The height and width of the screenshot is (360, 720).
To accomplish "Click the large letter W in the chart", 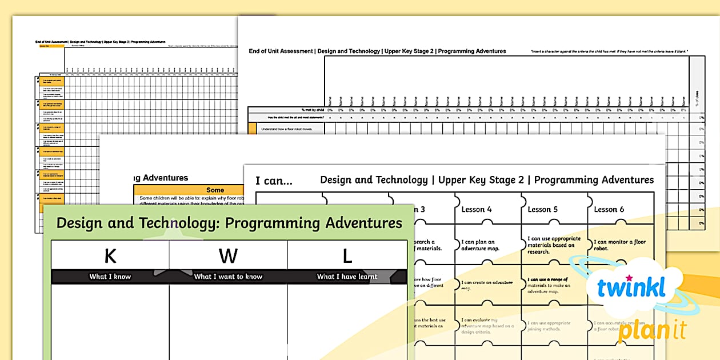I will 228,256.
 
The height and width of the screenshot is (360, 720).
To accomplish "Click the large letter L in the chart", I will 347,256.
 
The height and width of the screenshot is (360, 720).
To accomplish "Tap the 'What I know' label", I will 110,277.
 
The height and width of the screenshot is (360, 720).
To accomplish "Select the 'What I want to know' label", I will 228,277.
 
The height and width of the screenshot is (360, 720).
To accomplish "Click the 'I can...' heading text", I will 274,181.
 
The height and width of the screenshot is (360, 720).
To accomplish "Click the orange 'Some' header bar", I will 215,190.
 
